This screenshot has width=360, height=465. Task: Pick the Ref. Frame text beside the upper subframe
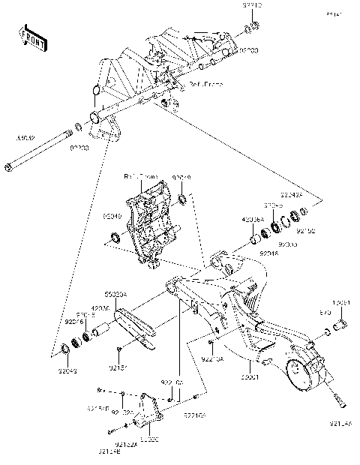click(x=204, y=84)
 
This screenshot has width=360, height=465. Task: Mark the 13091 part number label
click(x=341, y=303)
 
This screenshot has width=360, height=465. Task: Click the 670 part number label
click(x=325, y=310)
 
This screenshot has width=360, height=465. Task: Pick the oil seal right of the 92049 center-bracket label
click(x=182, y=200)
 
